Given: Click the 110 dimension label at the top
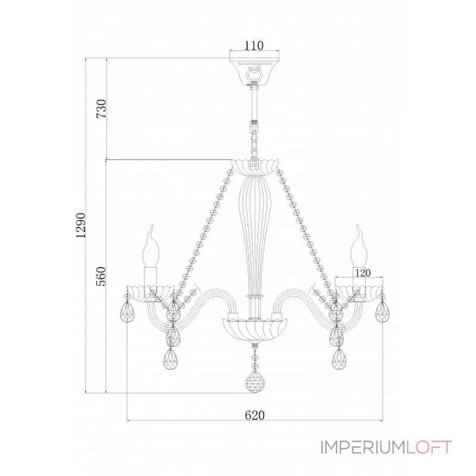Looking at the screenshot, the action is click(x=254, y=46).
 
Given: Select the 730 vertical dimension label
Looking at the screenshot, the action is click(x=101, y=109).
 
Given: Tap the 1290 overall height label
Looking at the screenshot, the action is click(x=81, y=226).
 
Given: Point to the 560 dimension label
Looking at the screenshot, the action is click(x=101, y=276).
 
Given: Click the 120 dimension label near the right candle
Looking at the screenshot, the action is click(x=363, y=273).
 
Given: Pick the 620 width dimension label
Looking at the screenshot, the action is click(x=255, y=415).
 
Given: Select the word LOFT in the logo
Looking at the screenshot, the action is click(x=429, y=447).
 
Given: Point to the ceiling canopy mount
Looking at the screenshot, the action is click(x=255, y=71).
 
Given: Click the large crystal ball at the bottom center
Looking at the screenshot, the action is click(x=255, y=381).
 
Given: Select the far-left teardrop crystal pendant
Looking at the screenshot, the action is click(x=127, y=312).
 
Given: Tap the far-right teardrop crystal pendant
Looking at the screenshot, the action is click(x=383, y=312).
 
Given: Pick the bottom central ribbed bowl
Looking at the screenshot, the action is click(x=255, y=330).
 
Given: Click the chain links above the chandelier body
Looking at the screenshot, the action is click(x=254, y=140).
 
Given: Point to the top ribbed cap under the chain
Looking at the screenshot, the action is click(x=255, y=168).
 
